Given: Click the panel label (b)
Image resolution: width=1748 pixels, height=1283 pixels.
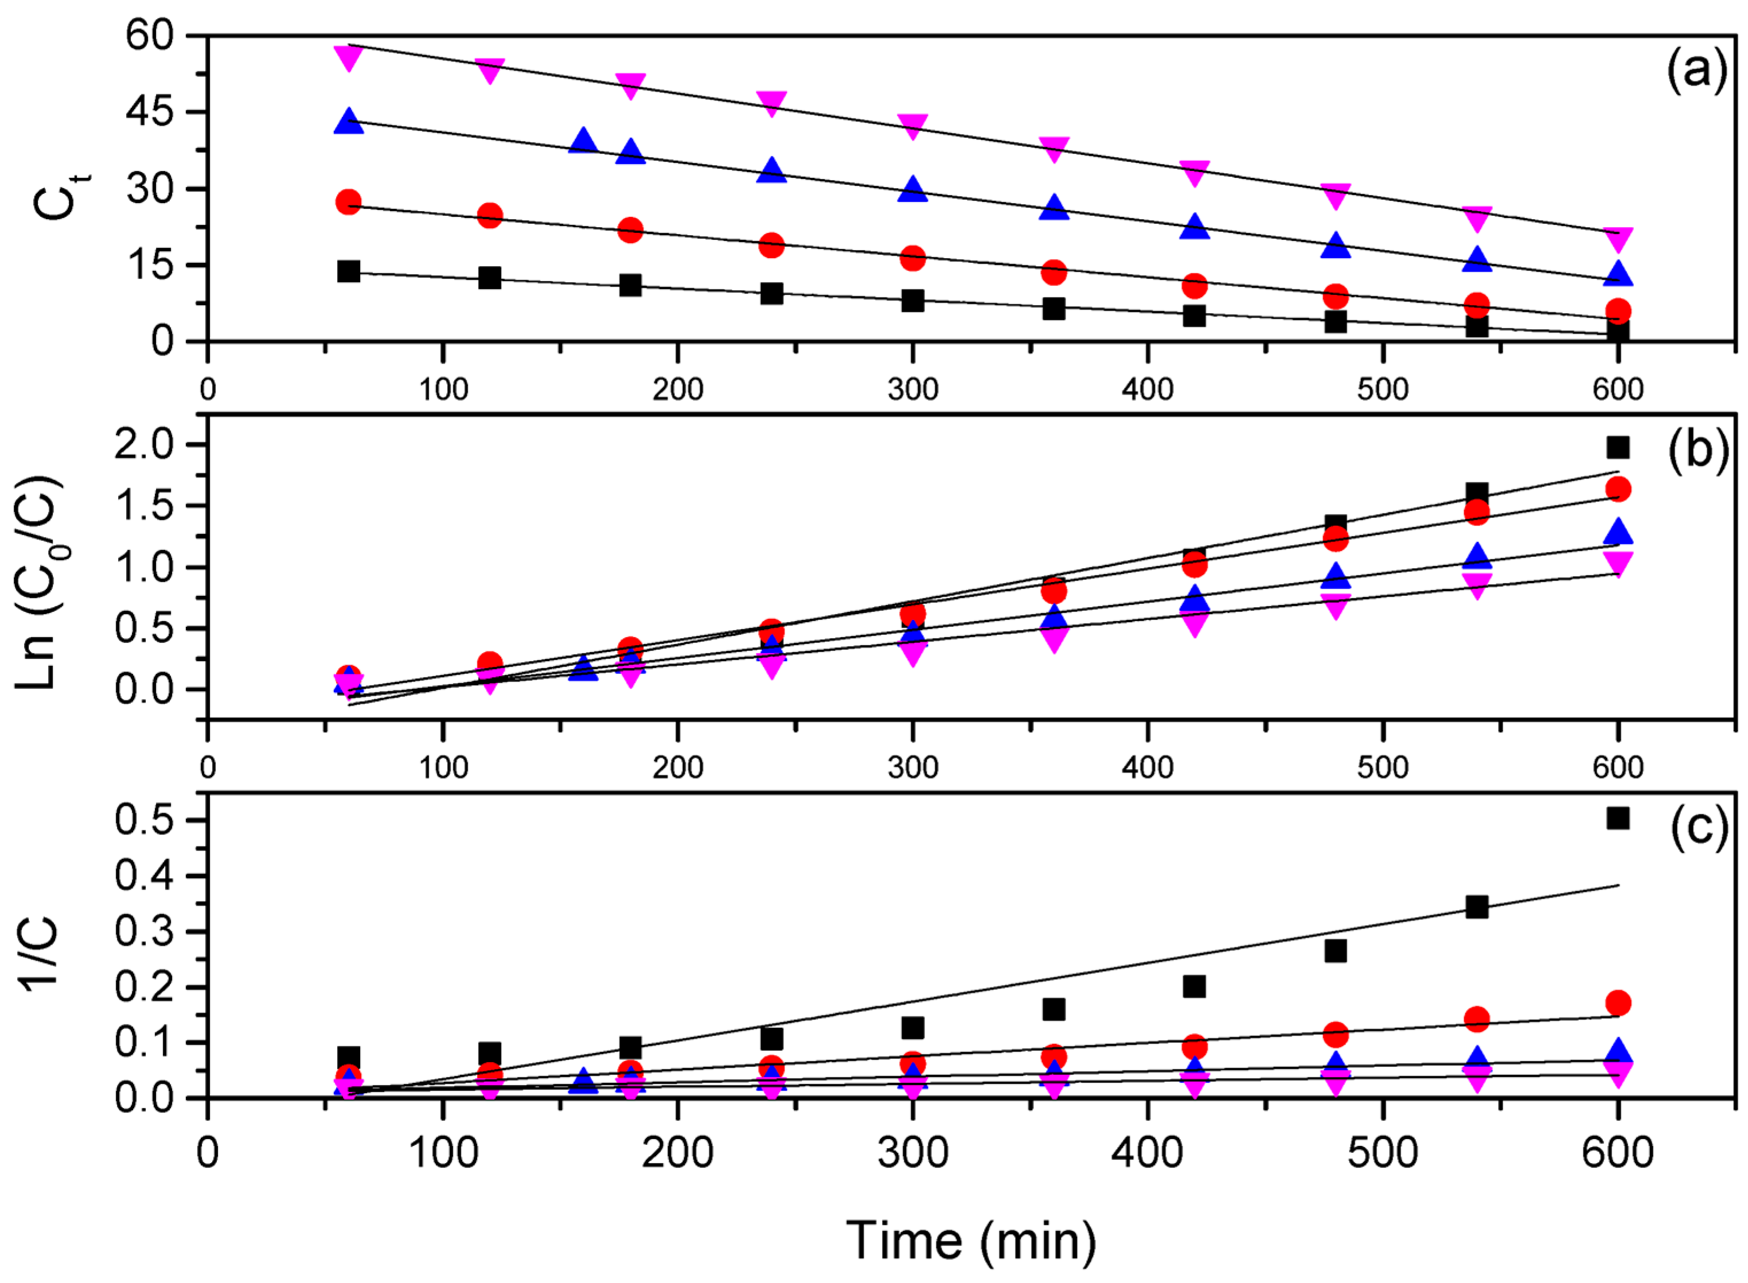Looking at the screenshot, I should point(1697,449).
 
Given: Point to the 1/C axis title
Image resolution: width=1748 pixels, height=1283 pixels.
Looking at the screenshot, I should point(39,952).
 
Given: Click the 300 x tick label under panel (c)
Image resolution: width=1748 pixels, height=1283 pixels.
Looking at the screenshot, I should point(912,1153).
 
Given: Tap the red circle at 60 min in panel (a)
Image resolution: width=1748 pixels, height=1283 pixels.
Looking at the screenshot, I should point(349,202).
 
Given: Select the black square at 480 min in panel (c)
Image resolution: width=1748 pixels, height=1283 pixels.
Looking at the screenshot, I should point(1335,950).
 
